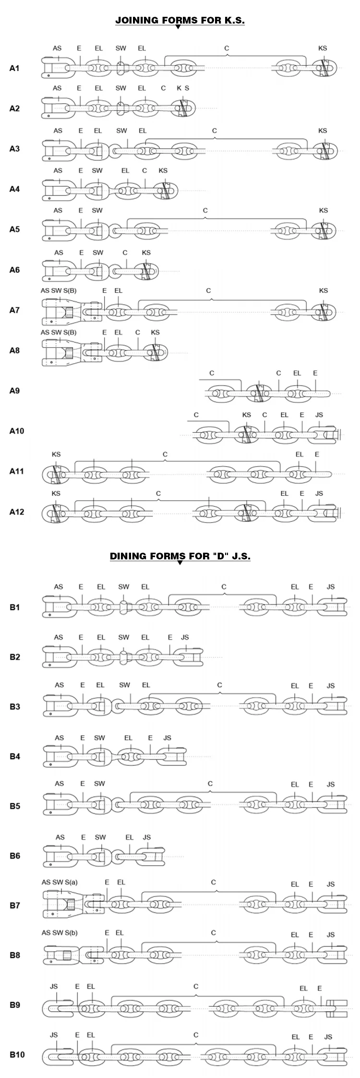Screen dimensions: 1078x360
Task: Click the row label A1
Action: pos(14,68)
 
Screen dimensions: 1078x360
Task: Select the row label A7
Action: pos(14,310)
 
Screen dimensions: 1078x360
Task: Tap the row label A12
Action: pos(16,512)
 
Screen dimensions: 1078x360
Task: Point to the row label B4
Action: pos(15,756)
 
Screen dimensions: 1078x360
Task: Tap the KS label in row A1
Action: pos(323,48)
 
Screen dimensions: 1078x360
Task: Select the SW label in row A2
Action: pos(121,88)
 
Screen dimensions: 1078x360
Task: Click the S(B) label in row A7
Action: pos(70,291)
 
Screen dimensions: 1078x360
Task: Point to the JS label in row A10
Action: pos(319,415)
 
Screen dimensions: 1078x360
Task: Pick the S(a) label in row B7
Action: pos(70,882)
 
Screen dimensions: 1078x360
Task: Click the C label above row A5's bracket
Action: pos(205,210)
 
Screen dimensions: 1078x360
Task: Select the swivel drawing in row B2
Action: pos(124,656)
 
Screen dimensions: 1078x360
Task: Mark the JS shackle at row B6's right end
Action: pos(150,856)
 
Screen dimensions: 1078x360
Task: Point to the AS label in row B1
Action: pos(59,586)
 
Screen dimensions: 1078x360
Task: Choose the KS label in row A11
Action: pos(56,454)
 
